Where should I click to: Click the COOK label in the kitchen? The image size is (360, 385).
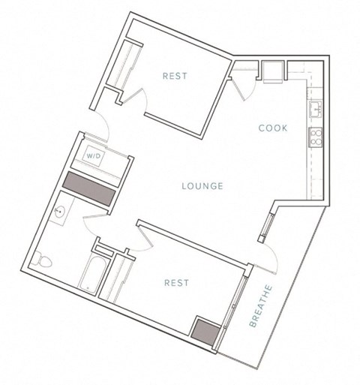pyautogui.click(x=273, y=128)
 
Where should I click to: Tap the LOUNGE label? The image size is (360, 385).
pyautogui.click(x=202, y=186)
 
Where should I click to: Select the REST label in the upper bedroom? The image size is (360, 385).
pyautogui.click(x=174, y=76)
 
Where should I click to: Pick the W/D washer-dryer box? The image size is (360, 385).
pyautogui.click(x=94, y=155)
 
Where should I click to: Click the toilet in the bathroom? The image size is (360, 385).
pyautogui.click(x=44, y=262)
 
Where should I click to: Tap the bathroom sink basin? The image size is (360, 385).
pyautogui.click(x=60, y=212)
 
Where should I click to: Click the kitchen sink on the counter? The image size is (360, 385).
pyautogui.click(x=316, y=110)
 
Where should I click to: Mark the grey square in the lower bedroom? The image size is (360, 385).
pyautogui.click(x=204, y=329)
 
